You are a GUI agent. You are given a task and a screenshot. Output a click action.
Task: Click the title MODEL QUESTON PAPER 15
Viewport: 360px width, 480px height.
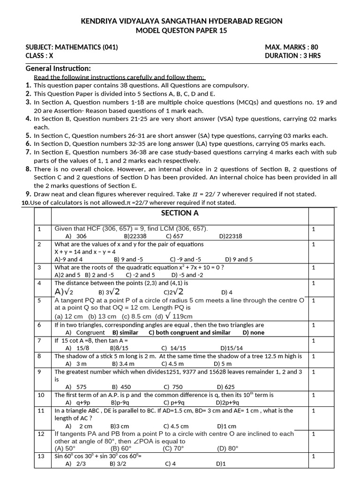[x=180, y=30]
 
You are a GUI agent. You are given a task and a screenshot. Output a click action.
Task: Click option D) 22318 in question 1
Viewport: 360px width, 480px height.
[x=231, y=236]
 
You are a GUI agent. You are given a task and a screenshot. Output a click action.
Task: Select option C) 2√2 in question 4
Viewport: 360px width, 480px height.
[x=173, y=292]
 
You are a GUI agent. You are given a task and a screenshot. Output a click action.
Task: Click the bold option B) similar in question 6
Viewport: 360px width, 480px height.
[x=126, y=332]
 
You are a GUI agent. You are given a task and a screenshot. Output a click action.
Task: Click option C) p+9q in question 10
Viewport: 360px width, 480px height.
[x=173, y=403]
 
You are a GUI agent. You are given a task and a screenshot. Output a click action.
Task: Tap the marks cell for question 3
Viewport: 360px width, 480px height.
[x=314, y=267]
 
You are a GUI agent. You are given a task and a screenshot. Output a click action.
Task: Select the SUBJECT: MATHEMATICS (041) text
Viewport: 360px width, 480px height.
[x=72, y=47]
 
